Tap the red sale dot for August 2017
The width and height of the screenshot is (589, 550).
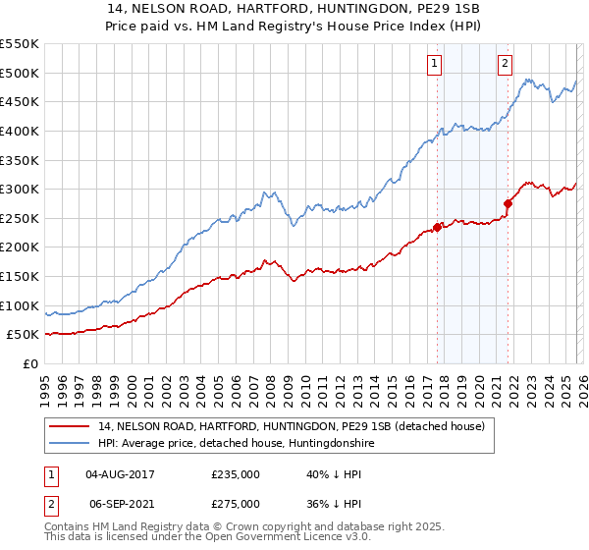tap(437, 227)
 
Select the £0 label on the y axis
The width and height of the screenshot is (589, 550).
tap(29, 363)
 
